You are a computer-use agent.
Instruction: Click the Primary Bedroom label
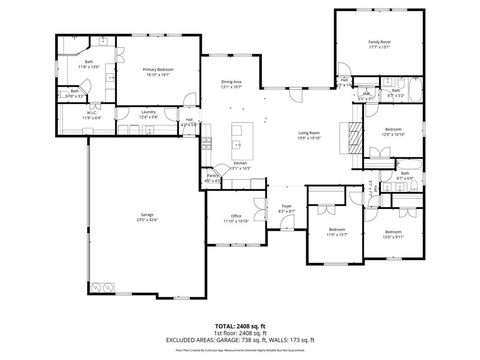point(145,71)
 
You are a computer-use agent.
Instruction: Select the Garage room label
point(146,217)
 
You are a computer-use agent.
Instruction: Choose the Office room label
point(236,218)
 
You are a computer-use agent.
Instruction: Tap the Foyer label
point(286,208)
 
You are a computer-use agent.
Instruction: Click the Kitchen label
point(240,165)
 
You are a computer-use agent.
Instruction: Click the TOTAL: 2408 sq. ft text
point(239,326)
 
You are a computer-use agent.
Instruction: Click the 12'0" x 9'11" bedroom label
point(397,234)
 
